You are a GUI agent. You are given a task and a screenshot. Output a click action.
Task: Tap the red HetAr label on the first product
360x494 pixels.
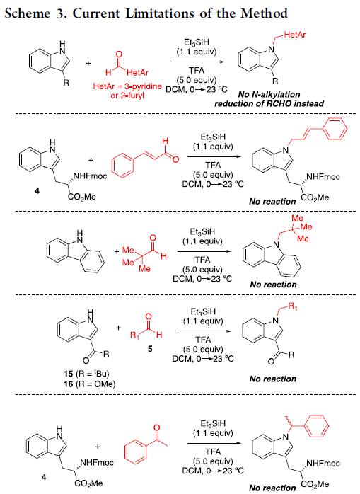(295, 35)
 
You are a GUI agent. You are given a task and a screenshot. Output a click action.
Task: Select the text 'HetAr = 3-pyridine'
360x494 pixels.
(127, 86)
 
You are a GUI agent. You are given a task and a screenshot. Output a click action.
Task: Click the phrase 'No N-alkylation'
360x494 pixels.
(269, 94)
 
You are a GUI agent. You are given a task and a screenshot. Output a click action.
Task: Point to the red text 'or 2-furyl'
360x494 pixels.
(127, 96)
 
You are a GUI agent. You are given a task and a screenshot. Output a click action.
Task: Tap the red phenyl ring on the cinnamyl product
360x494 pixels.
(336, 129)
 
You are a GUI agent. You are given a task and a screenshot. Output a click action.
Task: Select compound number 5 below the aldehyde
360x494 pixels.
(150, 349)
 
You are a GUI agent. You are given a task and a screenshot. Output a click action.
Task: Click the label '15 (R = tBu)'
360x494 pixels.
(86, 374)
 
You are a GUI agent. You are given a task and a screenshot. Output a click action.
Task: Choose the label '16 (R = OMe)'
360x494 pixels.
(89, 384)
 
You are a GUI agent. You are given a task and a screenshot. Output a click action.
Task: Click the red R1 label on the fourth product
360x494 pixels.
(293, 306)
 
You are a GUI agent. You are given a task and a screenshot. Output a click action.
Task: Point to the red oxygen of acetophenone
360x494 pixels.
(156, 427)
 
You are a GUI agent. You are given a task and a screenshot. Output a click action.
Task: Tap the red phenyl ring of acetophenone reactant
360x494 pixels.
(136, 453)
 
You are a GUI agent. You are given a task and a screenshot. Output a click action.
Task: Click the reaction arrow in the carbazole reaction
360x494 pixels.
(204, 251)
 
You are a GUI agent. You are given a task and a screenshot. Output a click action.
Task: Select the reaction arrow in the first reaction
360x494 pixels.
(197, 62)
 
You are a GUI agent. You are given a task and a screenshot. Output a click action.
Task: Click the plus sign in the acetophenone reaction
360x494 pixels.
(98, 447)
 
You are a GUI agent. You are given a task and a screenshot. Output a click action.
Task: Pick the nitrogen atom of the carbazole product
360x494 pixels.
(277, 244)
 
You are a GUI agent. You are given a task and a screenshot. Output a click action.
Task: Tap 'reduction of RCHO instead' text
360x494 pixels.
(269, 103)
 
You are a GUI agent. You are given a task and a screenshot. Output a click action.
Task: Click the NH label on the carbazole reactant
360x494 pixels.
(80, 237)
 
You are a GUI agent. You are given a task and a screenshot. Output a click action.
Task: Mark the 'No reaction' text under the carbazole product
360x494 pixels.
(273, 285)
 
